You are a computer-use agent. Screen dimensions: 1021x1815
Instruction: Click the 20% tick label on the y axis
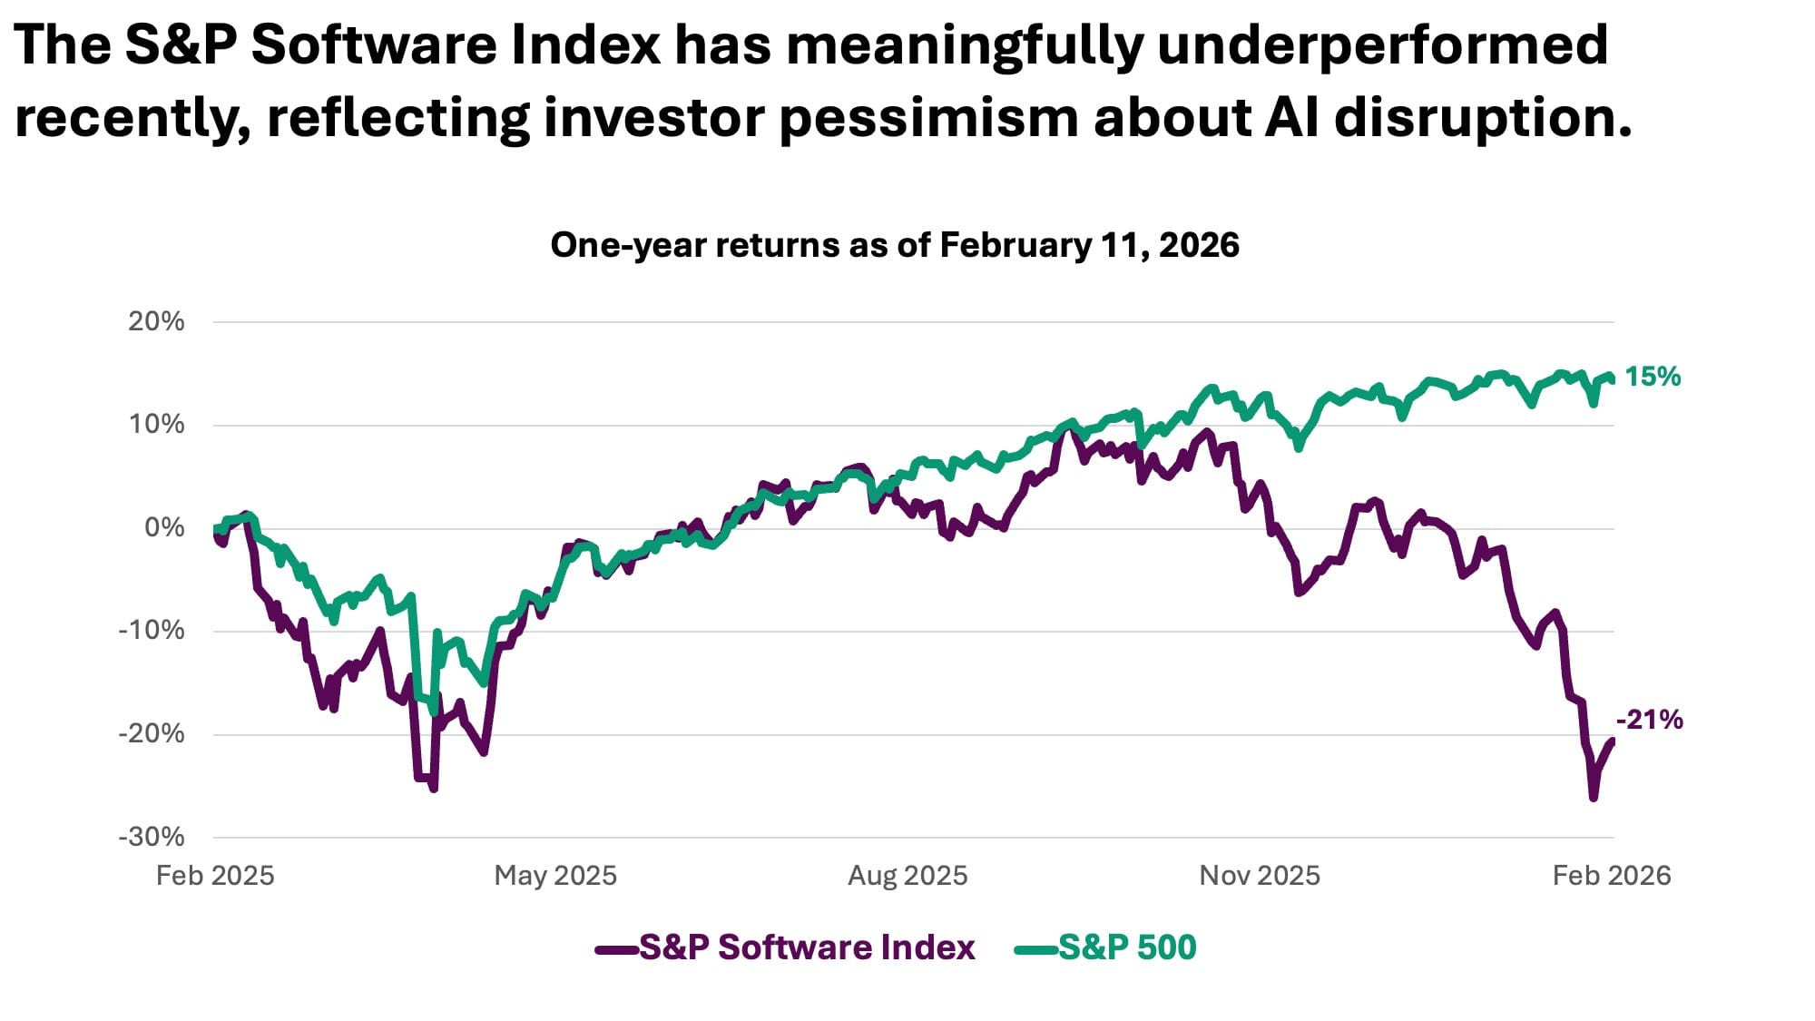click(x=156, y=321)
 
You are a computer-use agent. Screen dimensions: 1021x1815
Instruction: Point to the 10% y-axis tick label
click(x=156, y=424)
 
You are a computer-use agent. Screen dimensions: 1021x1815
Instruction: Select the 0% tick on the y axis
click(x=164, y=527)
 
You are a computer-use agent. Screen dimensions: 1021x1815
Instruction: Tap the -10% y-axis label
click(x=152, y=630)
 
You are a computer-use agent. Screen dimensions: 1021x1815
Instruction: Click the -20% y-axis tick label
click(x=152, y=733)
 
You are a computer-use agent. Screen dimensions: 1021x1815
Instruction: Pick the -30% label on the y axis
click(x=152, y=836)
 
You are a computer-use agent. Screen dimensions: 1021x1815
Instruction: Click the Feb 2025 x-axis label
click(x=215, y=875)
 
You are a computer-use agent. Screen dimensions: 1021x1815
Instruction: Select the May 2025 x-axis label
click(x=555, y=875)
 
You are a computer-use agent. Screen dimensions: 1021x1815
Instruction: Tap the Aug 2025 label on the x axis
click(x=907, y=875)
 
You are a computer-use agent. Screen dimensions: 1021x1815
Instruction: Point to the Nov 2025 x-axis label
click(x=1260, y=875)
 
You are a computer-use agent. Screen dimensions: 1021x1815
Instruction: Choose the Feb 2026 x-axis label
click(x=1612, y=875)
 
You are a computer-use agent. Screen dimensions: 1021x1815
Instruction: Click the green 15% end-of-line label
click(x=1653, y=377)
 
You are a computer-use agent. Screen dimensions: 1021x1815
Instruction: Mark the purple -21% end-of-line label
click(x=1650, y=720)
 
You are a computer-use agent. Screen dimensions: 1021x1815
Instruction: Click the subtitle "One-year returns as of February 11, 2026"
click(x=895, y=245)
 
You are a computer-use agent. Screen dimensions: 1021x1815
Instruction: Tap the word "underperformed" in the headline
click(x=1382, y=45)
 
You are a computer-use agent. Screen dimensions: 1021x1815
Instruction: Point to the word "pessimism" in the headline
click(x=928, y=118)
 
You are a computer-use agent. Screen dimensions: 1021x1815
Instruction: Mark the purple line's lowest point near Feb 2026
click(x=1593, y=798)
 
